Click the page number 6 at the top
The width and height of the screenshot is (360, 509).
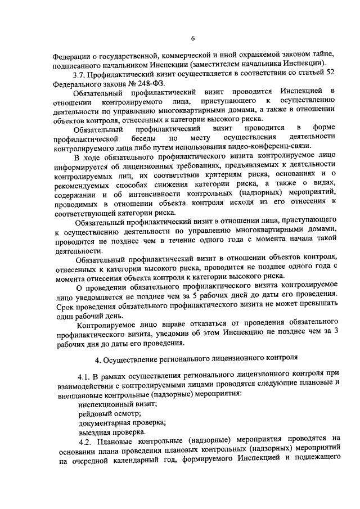(x=192, y=38)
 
